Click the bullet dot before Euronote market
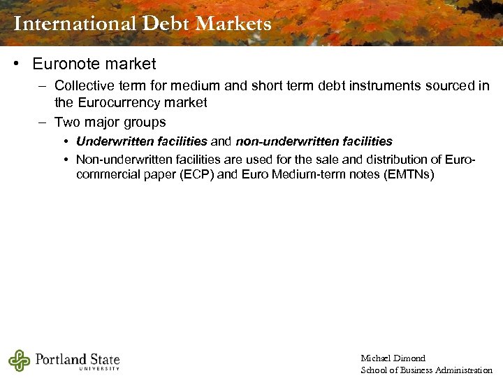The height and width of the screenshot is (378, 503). [15, 64]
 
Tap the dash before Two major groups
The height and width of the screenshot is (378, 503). [42, 122]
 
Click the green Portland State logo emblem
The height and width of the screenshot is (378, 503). [20, 360]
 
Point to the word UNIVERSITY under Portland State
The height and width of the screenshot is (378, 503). [99, 369]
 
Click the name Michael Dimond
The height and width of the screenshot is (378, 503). [393, 358]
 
